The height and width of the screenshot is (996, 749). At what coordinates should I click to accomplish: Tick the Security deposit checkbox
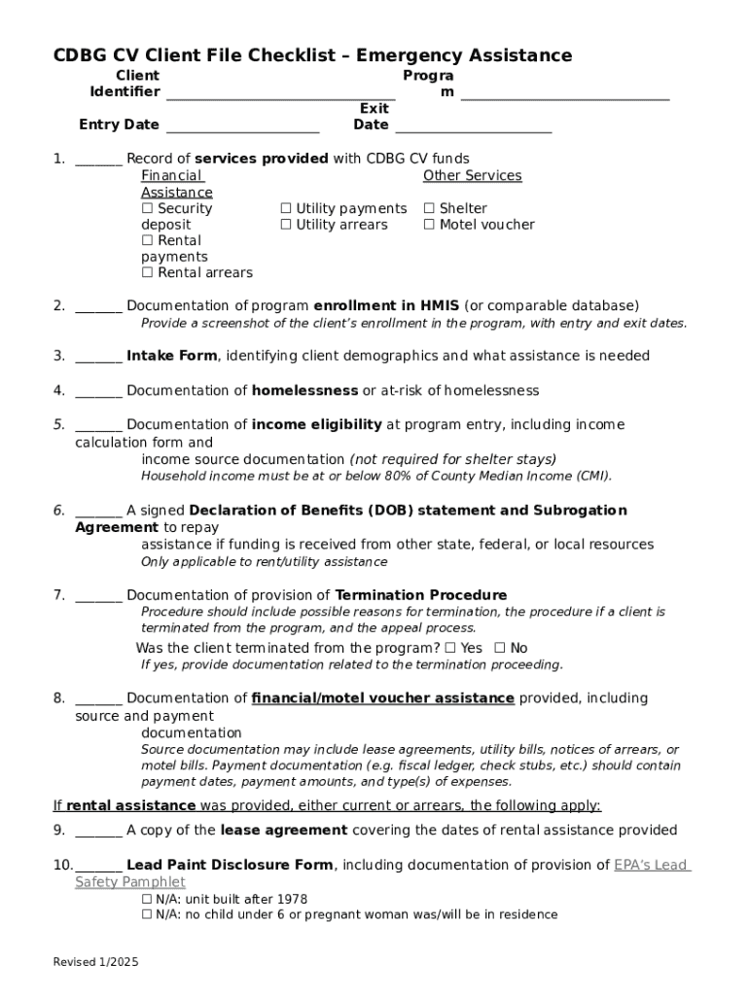[x=147, y=209]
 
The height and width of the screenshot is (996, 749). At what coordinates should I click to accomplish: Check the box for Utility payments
[x=286, y=209]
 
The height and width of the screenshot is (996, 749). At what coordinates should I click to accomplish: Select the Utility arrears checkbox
[x=286, y=226]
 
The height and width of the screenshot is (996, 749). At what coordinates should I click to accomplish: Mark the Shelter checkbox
[x=429, y=209]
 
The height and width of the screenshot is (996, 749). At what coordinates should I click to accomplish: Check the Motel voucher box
[x=429, y=226]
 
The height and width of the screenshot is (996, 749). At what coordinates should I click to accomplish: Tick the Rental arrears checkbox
[x=147, y=273]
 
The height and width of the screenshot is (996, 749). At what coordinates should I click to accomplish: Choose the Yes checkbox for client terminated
[x=449, y=649]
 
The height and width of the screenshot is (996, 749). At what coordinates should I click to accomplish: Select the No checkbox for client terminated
[x=499, y=649]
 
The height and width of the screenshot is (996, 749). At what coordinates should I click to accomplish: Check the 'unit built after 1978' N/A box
[x=147, y=900]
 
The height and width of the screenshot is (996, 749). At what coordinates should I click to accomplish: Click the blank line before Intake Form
[x=98, y=357]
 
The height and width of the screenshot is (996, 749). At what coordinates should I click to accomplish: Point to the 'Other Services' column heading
[x=472, y=176]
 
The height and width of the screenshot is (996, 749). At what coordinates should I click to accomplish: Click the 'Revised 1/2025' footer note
[x=95, y=962]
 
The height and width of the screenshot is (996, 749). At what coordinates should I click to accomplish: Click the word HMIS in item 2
[x=441, y=305]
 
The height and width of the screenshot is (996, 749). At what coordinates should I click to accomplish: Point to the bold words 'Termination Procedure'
[x=420, y=595]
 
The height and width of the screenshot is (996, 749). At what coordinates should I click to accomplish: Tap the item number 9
[x=59, y=831]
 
